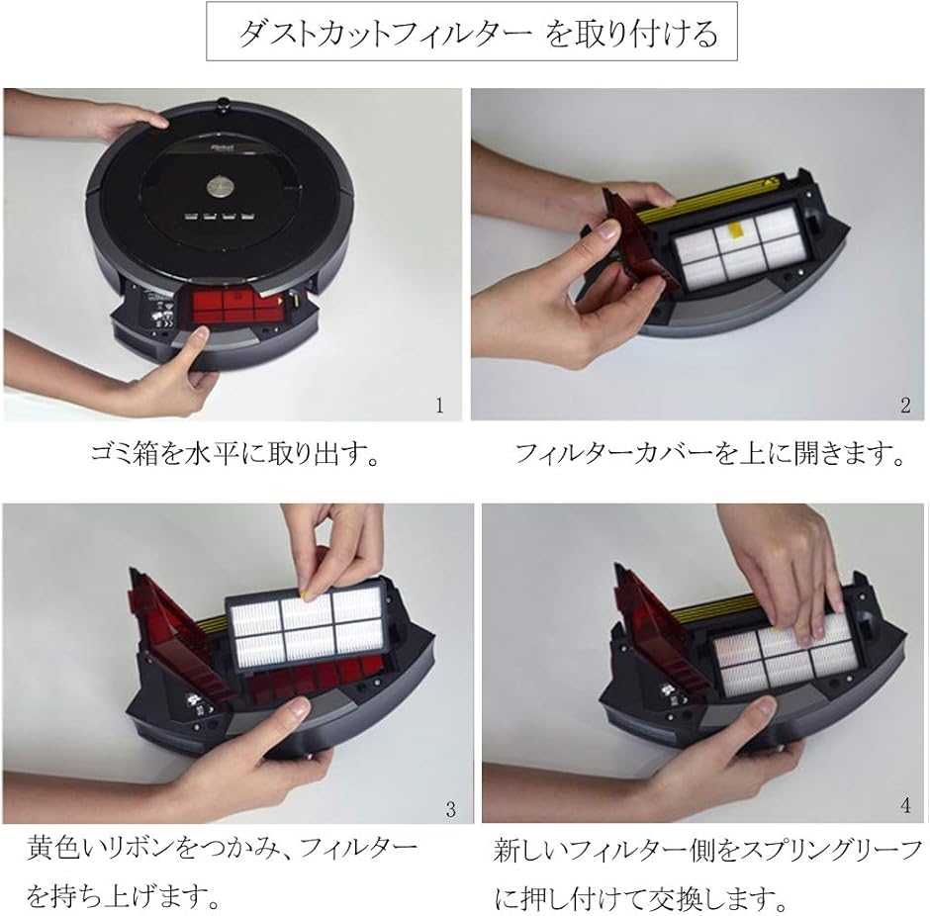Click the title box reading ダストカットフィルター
pyautogui.click(x=472, y=31)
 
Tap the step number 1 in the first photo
pyautogui.click(x=439, y=406)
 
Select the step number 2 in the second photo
pyautogui.click(x=905, y=406)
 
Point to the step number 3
pyautogui.click(x=451, y=810)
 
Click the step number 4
pyautogui.click(x=905, y=805)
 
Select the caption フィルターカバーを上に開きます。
pyautogui.click(x=709, y=454)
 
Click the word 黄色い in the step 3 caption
pyautogui.click(x=63, y=848)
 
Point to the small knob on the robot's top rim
pyautogui.click(x=222, y=103)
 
